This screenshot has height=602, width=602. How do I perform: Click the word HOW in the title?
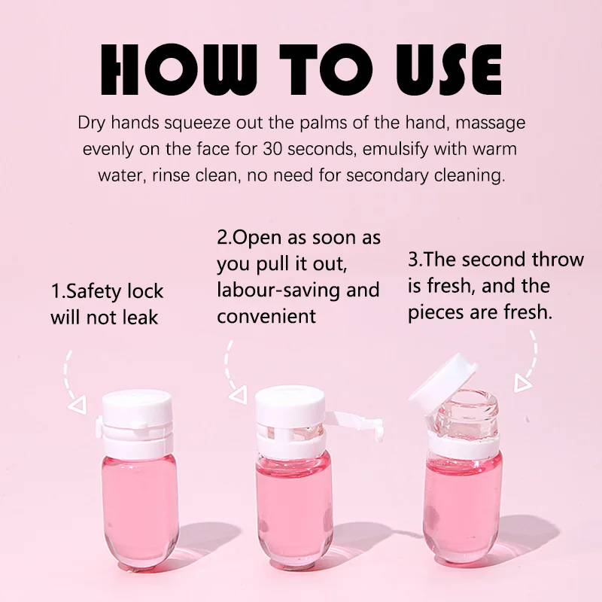173,69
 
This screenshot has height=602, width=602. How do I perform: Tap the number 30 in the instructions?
272,149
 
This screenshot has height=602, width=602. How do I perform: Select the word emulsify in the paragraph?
395,149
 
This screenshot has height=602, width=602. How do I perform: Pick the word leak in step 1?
140,318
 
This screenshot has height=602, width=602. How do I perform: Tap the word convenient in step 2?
266,316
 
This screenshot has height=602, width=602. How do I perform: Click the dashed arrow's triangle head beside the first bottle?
78,406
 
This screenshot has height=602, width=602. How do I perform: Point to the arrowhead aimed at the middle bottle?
239,395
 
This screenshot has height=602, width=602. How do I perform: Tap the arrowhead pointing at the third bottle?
523,384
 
